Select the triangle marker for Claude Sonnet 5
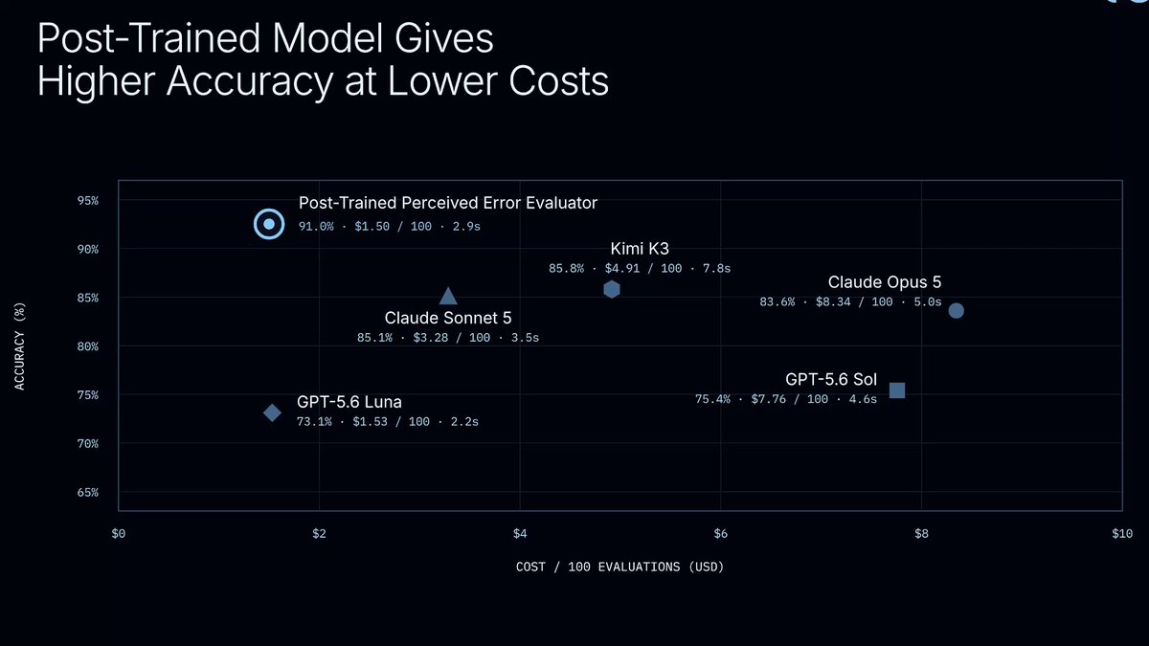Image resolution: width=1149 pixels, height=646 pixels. tap(448, 297)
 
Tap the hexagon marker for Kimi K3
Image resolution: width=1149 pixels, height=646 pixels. tap(612, 290)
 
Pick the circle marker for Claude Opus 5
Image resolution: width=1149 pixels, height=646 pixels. tap(956, 311)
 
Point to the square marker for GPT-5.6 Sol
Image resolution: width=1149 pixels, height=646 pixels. tap(896, 390)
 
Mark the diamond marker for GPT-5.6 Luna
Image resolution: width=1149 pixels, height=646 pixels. tap(272, 412)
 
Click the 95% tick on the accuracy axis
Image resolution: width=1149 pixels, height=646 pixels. tap(88, 200)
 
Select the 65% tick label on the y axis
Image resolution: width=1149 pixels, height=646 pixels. tap(88, 492)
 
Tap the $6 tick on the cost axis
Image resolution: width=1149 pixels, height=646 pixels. tap(720, 534)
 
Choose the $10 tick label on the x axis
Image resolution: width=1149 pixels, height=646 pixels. tap(1122, 534)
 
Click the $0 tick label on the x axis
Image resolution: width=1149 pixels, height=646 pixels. tap(119, 534)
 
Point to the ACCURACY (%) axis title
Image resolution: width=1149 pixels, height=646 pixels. tap(19, 346)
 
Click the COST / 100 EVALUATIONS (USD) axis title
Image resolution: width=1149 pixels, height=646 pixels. tap(620, 567)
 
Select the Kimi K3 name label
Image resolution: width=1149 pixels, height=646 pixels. tap(640, 249)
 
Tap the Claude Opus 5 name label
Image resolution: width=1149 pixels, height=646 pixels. tap(885, 282)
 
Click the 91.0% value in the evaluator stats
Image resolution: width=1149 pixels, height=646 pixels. tap(316, 227)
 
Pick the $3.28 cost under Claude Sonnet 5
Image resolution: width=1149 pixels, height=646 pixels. tap(430, 338)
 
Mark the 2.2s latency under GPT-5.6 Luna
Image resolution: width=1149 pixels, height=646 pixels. tap(464, 422)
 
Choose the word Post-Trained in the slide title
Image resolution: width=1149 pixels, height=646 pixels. tap(148, 38)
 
